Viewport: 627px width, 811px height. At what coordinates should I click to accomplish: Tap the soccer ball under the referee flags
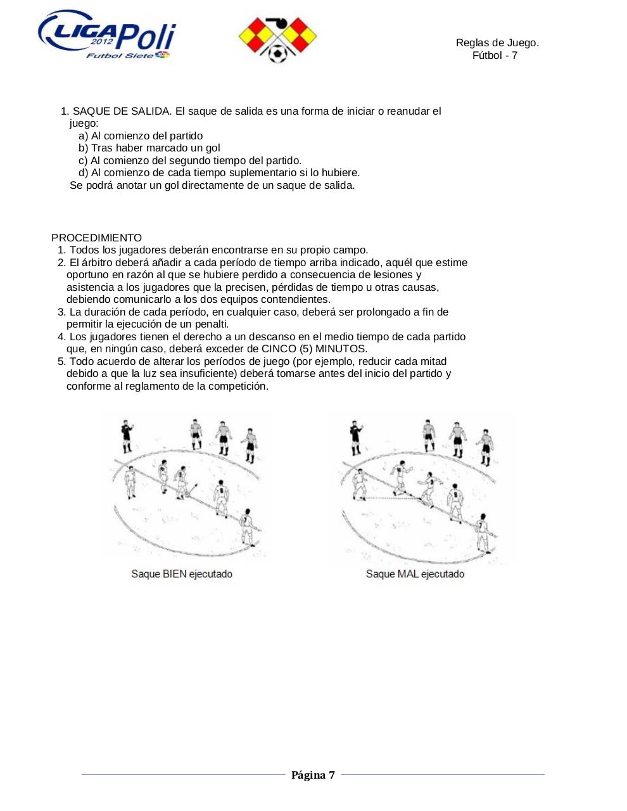277,53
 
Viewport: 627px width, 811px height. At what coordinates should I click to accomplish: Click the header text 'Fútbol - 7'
495,55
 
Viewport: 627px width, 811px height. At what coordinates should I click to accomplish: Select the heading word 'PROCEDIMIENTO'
96,238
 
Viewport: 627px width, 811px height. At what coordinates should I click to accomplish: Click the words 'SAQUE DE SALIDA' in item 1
122,111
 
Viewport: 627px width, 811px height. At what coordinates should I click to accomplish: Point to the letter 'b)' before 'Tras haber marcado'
84,148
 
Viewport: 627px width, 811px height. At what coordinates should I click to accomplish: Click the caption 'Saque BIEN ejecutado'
182,573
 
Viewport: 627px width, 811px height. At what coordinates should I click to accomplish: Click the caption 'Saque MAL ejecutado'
415,573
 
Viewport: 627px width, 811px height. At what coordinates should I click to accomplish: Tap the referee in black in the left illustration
127,436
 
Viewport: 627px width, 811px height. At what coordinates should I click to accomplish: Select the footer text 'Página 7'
313,775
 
